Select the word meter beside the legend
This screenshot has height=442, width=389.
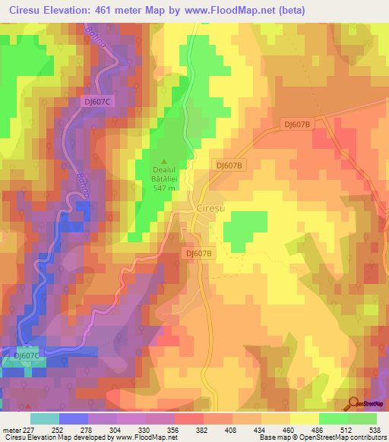click(11, 428)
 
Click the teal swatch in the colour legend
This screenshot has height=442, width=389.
click(45, 418)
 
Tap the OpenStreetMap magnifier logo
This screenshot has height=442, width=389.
click(354, 403)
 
